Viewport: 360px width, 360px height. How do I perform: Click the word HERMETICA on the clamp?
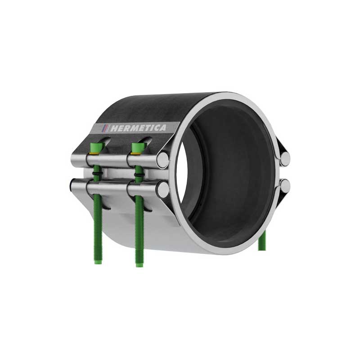coord(138,128)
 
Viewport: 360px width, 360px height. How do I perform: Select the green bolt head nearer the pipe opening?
coord(138,147)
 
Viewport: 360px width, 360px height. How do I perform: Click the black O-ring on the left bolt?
coord(98,173)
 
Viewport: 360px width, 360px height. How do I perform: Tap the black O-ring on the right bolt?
coord(139,175)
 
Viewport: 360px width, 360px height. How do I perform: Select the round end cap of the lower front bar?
coord(163,188)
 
